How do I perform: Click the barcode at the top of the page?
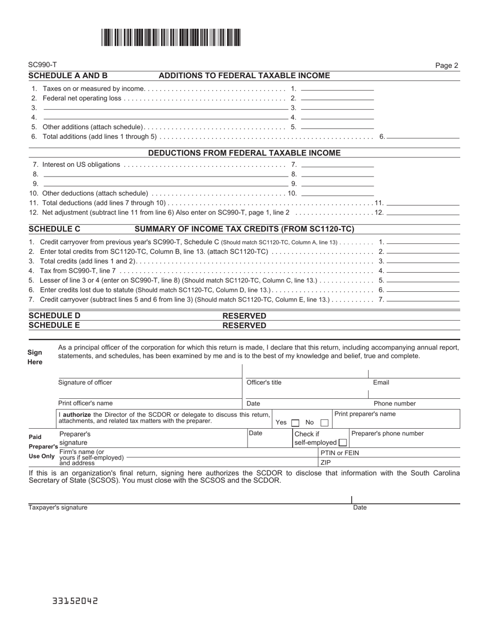click(x=171, y=38)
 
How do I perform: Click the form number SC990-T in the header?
click(x=43, y=65)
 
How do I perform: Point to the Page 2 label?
click(x=446, y=65)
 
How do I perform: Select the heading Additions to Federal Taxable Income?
click(x=244, y=76)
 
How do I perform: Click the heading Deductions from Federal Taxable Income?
click(x=244, y=153)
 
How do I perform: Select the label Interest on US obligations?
click(x=81, y=165)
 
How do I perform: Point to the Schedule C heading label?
click(x=55, y=229)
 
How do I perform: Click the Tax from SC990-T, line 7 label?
click(x=78, y=271)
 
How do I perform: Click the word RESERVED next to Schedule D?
click(x=244, y=315)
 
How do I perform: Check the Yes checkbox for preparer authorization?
click(x=295, y=423)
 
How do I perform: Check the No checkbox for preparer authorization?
click(x=324, y=423)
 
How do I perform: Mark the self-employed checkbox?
click(x=342, y=443)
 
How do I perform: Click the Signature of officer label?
click(x=85, y=382)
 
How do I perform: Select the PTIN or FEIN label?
click(x=340, y=453)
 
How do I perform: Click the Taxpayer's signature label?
click(x=58, y=507)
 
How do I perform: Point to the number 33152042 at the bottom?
click(x=75, y=601)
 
